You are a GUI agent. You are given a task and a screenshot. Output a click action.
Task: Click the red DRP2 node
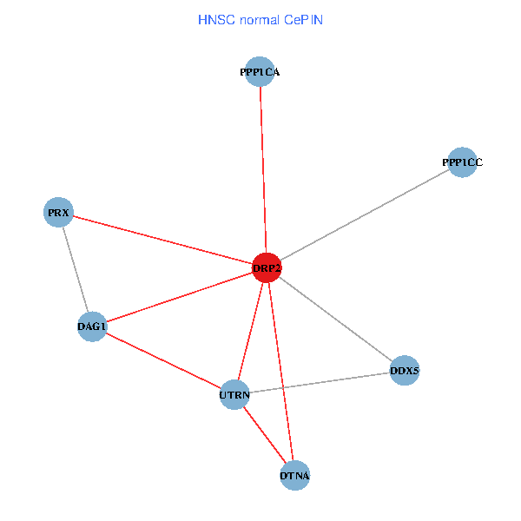267,268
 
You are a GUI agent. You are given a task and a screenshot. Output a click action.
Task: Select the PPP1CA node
260,72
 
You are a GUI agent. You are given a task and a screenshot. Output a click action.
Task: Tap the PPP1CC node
462,162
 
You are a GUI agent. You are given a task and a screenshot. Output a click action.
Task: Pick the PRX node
59,213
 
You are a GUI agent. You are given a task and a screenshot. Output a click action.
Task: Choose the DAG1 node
92,326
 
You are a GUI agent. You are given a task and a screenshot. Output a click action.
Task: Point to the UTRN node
234,395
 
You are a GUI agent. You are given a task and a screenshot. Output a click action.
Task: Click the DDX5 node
405,371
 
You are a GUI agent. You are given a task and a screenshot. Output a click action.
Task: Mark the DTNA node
295,475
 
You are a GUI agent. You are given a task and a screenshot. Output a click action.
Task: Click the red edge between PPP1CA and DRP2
263,170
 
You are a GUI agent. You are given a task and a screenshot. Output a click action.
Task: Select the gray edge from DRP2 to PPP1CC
365,215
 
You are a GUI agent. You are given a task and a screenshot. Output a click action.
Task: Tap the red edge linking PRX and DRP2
162,241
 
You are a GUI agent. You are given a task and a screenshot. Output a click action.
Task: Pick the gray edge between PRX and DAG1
76,269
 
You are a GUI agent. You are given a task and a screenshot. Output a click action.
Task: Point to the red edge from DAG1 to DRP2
179,298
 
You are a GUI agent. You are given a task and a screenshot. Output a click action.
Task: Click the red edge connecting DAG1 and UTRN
163,361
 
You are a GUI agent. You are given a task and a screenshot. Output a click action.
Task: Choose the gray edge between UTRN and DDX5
320,383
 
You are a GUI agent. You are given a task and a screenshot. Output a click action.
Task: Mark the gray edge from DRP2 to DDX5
335,320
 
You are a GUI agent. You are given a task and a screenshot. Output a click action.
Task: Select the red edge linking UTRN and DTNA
265,435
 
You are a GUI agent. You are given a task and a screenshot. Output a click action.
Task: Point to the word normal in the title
257,19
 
